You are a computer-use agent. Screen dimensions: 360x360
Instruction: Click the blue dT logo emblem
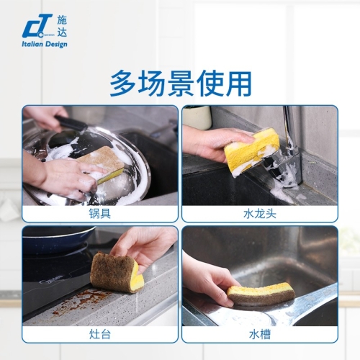pyautogui.click(x=37, y=26)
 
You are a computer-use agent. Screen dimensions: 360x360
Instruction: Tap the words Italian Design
pyautogui.click(x=45, y=44)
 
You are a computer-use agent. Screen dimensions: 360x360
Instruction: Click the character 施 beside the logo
pyautogui.click(x=62, y=20)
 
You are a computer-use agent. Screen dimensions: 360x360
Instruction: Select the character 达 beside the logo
pyautogui.click(x=62, y=32)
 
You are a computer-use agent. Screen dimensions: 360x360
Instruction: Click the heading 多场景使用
pyautogui.click(x=181, y=83)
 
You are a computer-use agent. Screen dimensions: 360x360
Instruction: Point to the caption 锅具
pyautogui.click(x=100, y=214)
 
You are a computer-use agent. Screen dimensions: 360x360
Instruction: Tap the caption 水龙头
pyautogui.click(x=260, y=214)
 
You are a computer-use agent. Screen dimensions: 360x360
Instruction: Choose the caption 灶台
pyautogui.click(x=100, y=334)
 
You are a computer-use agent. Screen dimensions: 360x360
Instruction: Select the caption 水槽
pyautogui.click(x=260, y=334)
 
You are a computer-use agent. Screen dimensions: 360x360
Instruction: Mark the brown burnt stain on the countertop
pyautogui.click(x=77, y=300)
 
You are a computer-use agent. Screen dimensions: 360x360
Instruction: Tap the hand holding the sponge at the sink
pyautogui.click(x=210, y=279)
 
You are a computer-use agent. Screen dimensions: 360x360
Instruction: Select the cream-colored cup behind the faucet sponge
pyautogui.click(x=197, y=117)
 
